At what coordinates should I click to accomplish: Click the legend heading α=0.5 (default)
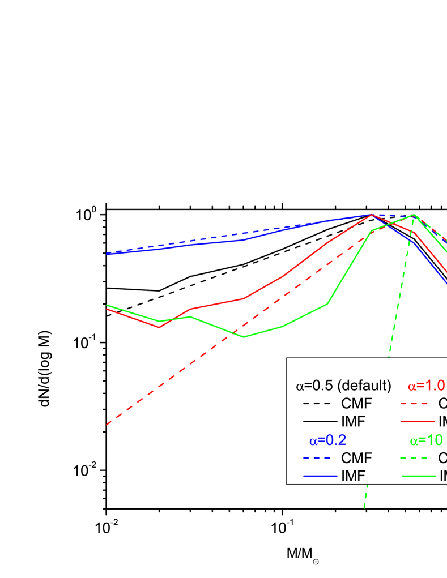click(343, 386)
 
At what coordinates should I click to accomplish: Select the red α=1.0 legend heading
click(426, 386)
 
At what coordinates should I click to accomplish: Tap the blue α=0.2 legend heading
click(327, 440)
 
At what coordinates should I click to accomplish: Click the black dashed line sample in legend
click(320, 404)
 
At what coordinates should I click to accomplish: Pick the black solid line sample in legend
click(320, 422)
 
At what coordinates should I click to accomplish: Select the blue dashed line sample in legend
click(320, 458)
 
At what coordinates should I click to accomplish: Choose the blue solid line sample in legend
click(320, 476)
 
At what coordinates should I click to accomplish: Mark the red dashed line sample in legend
click(417, 404)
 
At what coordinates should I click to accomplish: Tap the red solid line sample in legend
click(417, 422)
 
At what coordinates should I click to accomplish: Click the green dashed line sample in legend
click(417, 458)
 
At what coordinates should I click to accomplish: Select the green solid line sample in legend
click(417, 476)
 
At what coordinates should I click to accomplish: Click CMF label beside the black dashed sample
click(357, 404)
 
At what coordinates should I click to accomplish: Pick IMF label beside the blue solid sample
click(353, 476)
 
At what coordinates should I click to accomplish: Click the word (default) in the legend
click(364, 386)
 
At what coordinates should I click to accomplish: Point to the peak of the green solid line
click(415, 215)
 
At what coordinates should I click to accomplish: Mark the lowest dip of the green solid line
click(244, 337)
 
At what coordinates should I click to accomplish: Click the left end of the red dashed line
click(107, 424)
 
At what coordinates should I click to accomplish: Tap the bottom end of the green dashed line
click(364, 508)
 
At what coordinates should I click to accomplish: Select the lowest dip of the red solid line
click(160, 327)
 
